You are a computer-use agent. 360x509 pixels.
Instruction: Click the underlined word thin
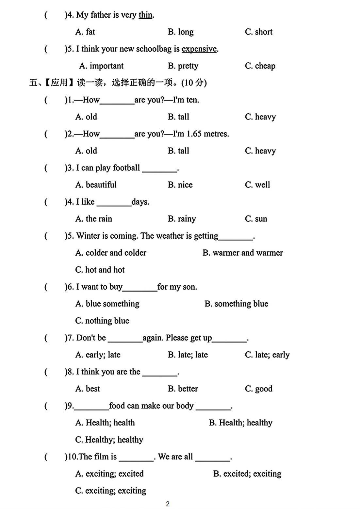click(x=145, y=15)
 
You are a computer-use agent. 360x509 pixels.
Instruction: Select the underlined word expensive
click(x=199, y=49)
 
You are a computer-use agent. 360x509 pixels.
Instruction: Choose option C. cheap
click(x=260, y=66)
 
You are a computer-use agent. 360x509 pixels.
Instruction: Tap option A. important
click(x=101, y=66)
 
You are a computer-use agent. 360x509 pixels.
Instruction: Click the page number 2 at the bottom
click(x=168, y=504)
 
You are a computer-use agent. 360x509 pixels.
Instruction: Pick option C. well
click(x=257, y=185)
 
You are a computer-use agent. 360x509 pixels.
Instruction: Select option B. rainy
click(x=182, y=219)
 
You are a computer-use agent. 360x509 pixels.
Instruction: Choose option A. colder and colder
click(x=111, y=253)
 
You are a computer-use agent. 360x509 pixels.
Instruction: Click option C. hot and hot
click(x=100, y=270)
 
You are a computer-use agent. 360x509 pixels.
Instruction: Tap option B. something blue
click(x=236, y=304)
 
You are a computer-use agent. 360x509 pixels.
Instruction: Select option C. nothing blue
click(x=102, y=321)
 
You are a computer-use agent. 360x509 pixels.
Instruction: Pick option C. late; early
click(x=267, y=355)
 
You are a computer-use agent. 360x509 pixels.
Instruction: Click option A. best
click(x=88, y=389)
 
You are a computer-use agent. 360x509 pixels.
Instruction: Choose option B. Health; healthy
click(x=240, y=422)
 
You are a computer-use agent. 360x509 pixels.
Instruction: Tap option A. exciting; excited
click(x=109, y=473)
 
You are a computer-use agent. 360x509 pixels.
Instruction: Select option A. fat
click(x=85, y=32)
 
